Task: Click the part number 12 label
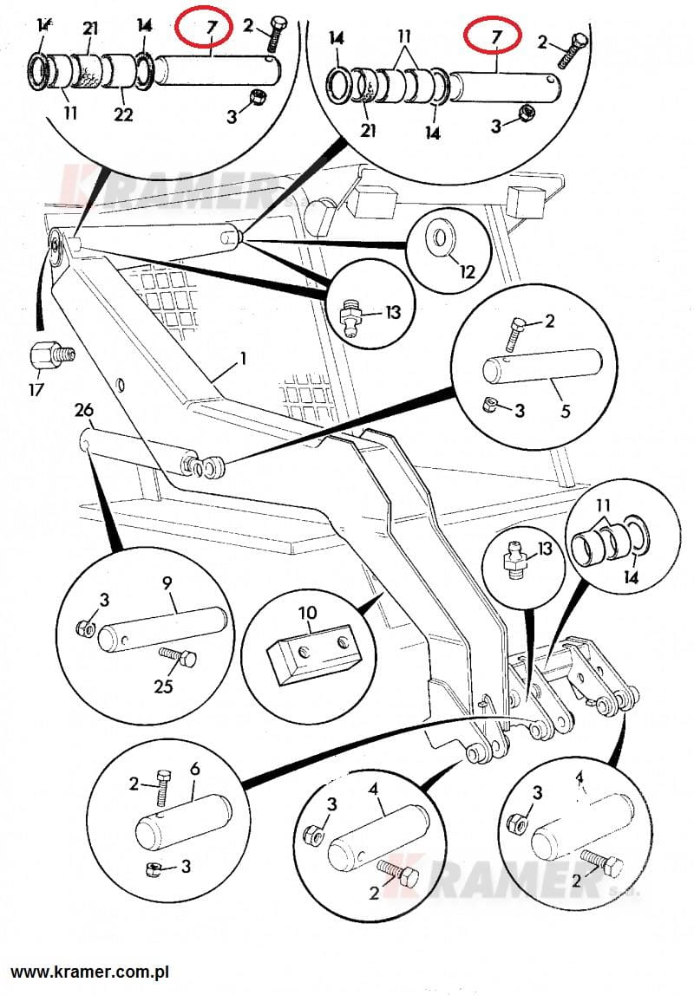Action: (x=468, y=271)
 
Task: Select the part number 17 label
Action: (x=36, y=390)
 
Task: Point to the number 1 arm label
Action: (x=244, y=357)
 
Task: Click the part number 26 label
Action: (x=83, y=409)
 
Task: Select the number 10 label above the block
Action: (x=308, y=614)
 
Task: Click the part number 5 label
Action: (x=566, y=410)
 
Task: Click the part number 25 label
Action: (x=162, y=686)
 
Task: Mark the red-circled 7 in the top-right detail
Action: (x=495, y=36)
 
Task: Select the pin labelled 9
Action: (x=162, y=628)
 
